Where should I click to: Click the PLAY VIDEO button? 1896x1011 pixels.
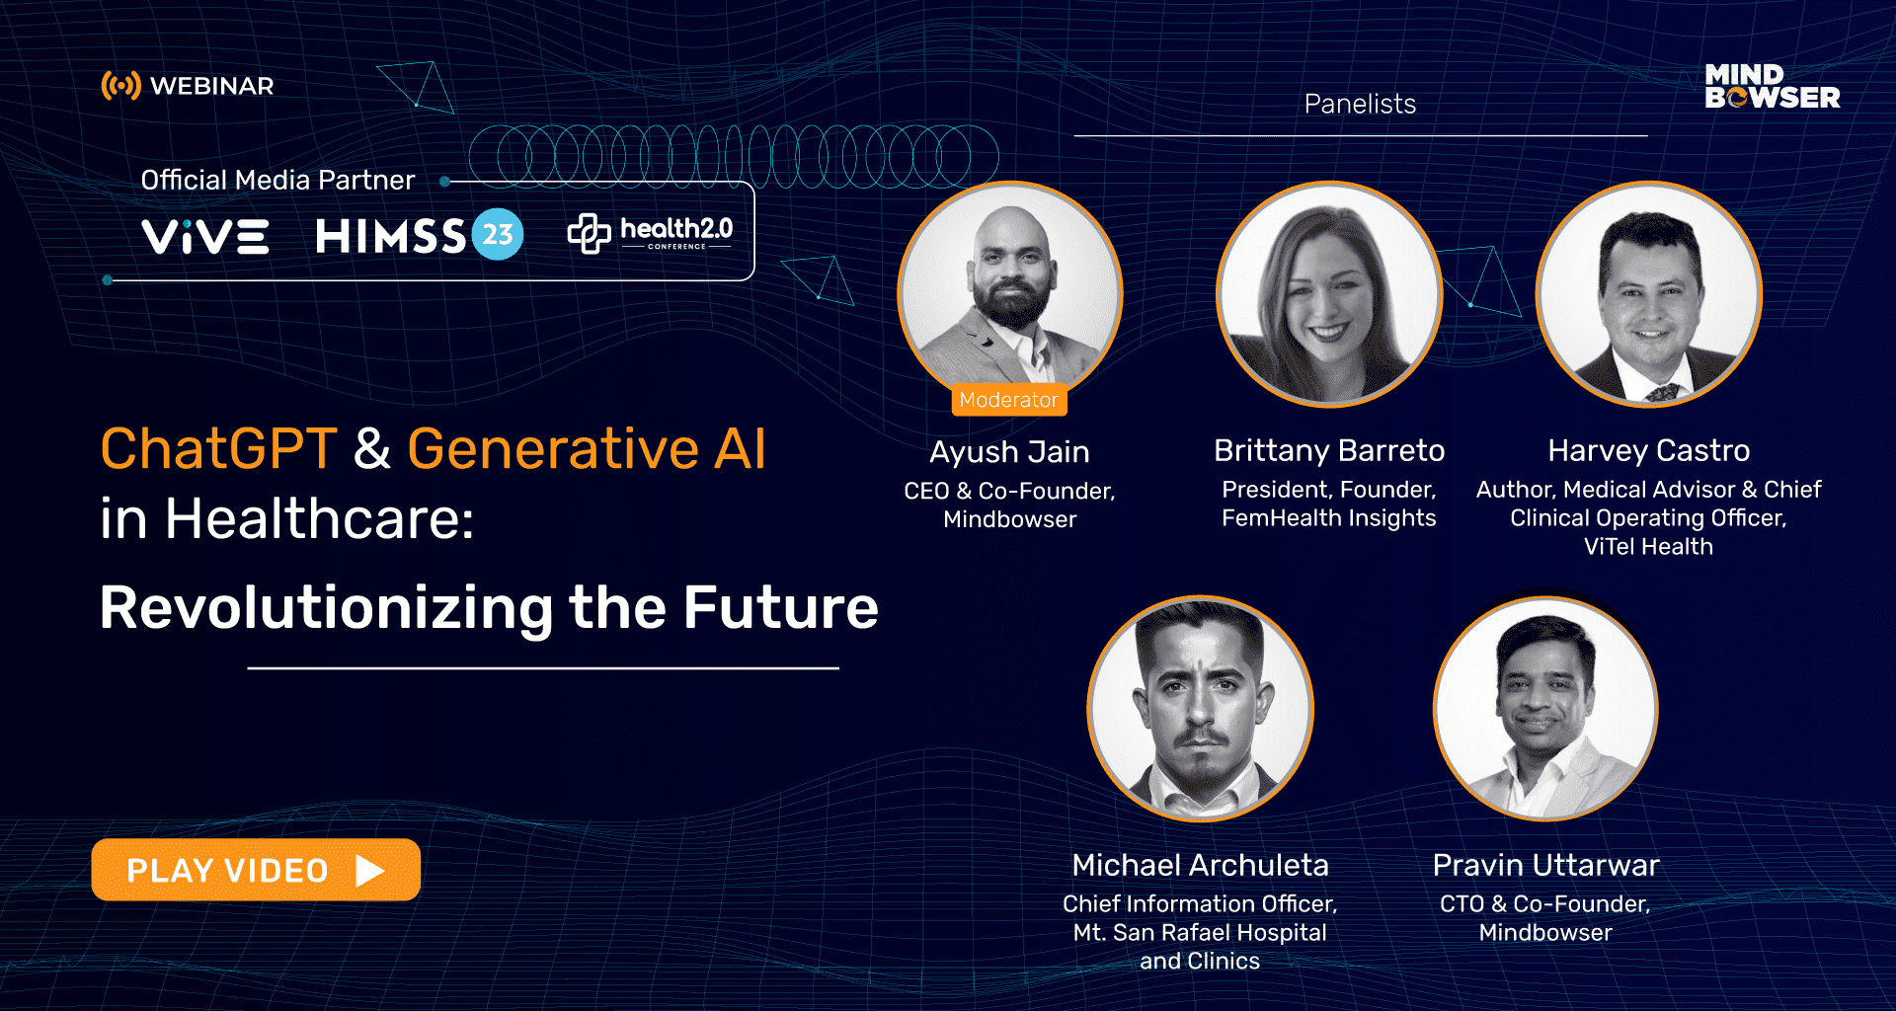(256, 870)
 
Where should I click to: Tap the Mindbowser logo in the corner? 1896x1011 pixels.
(1772, 87)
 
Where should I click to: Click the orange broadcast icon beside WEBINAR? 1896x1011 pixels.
(120, 86)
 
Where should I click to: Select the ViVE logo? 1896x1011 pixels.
(205, 236)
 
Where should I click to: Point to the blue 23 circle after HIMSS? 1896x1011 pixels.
(498, 235)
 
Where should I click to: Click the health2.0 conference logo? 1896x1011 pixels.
(650, 233)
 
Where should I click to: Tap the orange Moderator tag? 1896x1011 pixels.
(1008, 400)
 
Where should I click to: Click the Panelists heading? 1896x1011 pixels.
(1360, 104)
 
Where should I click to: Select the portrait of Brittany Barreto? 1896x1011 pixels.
(1328, 294)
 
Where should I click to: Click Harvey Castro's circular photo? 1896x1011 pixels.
(1648, 294)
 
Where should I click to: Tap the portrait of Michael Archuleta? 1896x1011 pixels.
(1200, 709)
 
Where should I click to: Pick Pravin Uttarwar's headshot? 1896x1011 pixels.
(1545, 709)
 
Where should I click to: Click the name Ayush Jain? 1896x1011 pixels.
(1009, 452)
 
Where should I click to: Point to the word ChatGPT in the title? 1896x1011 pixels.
(218, 449)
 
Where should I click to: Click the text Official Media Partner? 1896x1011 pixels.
(277, 180)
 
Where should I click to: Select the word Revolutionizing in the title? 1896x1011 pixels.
(326, 607)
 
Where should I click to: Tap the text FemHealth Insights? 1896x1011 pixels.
(1328, 518)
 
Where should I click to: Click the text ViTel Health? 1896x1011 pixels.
(1648, 547)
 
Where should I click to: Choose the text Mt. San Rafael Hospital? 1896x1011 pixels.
(1200, 933)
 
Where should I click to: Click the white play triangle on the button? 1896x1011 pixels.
(369, 871)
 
